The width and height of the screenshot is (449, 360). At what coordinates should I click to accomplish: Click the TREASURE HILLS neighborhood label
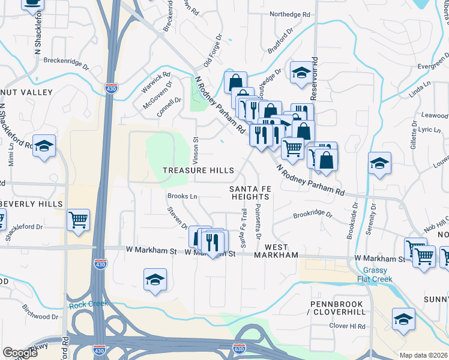[199, 170]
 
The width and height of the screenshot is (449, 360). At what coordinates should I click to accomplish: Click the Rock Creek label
[88, 305]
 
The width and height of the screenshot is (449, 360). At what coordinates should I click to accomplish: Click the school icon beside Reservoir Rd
[301, 73]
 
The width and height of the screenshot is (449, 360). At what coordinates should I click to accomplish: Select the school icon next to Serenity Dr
[379, 163]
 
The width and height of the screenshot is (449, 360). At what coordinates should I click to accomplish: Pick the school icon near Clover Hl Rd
[403, 320]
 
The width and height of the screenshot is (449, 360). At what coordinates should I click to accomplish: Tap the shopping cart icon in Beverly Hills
[78, 221]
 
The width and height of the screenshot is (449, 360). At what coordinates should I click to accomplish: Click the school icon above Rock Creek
[155, 280]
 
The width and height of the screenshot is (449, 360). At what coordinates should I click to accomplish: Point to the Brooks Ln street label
[182, 196]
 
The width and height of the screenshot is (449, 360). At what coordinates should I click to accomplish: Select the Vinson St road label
[196, 147]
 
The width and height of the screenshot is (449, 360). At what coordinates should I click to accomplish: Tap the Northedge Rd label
[290, 14]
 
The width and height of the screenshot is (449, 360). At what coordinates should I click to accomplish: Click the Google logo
[20, 353]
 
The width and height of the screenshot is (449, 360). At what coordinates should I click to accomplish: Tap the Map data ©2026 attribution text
[423, 355]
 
